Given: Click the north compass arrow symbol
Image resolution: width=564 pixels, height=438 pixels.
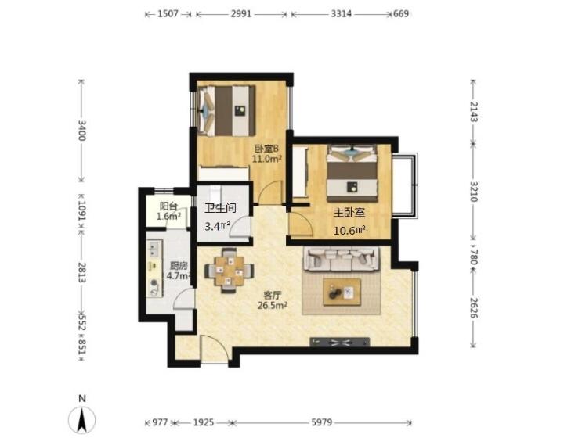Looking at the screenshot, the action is coord(82,420).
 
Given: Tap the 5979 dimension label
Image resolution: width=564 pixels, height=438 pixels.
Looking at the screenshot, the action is coord(321,422).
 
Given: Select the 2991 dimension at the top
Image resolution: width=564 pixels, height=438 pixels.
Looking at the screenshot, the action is coord(241,14).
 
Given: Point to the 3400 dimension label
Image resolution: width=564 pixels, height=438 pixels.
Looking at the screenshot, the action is coord(82,131).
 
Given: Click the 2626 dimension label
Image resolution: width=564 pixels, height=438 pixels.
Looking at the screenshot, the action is coord(473,307).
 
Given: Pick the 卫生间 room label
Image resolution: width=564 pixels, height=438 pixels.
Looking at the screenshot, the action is coord(220,208).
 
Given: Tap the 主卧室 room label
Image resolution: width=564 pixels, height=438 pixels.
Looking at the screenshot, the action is coord(349,213).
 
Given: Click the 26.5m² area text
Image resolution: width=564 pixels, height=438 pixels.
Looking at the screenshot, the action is coord(272,306).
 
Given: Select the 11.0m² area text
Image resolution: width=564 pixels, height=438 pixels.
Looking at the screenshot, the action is coord(266,158).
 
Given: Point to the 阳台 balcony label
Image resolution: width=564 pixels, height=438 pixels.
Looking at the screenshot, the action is coord(168,206).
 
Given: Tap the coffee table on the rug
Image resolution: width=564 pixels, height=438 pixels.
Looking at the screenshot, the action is coord(342,292).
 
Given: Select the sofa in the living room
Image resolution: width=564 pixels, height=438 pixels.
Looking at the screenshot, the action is coord(342,258).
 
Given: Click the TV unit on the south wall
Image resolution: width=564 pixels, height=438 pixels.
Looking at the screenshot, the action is coord(339,342).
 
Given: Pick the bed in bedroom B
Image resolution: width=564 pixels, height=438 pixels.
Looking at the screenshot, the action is coord(226,110).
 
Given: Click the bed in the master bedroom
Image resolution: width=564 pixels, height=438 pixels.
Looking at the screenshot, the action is coord(352,173).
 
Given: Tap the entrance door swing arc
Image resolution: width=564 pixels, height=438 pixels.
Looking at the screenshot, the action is coord(215,347).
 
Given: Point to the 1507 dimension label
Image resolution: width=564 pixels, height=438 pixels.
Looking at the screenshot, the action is coord(168,14).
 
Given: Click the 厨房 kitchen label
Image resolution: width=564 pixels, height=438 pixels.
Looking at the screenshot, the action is coord(179,266).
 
